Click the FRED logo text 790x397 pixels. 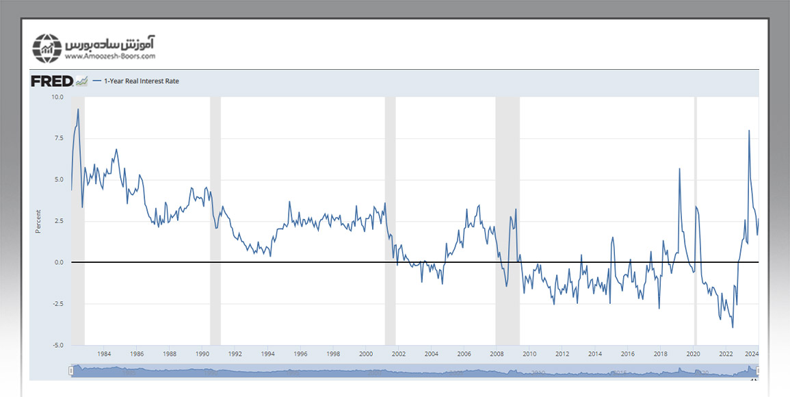pos(52,81)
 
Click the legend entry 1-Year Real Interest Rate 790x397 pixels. pos(141,81)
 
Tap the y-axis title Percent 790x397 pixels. pos(38,221)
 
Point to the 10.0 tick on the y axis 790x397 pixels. pos(57,97)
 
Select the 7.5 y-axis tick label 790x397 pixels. pos(58,138)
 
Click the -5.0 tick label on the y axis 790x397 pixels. pos(57,345)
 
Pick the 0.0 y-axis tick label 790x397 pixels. pos(58,262)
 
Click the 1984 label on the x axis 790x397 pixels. pos(104,354)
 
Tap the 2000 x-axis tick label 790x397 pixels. pos(366,354)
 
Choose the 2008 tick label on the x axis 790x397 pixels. pos(497,354)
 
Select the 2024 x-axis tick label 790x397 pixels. pos(751,354)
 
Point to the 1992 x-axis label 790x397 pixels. pos(235,354)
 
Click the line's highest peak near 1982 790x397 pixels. pos(78,109)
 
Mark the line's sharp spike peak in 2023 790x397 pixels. pos(749,131)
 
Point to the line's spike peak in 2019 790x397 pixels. pos(679,168)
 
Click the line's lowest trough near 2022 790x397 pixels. pos(733,327)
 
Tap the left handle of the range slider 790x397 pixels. pos(71,370)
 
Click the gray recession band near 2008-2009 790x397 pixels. pos(507,219)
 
